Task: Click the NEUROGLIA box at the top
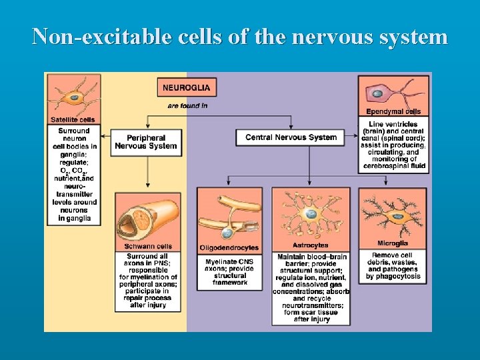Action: click(186, 87)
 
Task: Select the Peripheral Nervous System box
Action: click(146, 141)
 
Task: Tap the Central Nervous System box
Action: click(291, 137)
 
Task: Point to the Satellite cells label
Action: click(73, 120)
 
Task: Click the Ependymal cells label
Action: click(393, 112)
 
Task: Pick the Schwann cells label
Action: click(147, 247)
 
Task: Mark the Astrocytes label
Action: click(309, 245)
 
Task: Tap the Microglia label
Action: click(393, 244)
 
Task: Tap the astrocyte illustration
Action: click(309, 213)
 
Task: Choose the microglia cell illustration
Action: click(393, 213)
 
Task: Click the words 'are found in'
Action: click(187, 105)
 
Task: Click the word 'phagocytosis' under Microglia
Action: click(393, 276)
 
